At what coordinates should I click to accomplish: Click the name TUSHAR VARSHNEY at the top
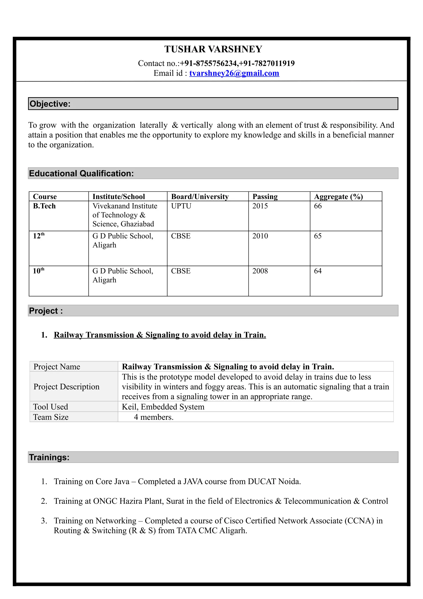(213, 49)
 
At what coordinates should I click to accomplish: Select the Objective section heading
(50, 104)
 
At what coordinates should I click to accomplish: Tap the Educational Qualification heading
(81, 173)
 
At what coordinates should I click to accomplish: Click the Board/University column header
(200, 196)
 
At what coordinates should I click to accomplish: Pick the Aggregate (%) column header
(338, 196)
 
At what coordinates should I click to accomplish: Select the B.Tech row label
(44, 206)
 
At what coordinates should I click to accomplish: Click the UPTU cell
(181, 206)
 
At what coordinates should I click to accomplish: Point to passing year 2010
(260, 236)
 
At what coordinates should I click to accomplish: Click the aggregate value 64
(318, 271)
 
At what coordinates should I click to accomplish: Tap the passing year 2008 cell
(260, 271)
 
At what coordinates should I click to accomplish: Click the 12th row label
(39, 236)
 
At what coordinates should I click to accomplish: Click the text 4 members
(153, 417)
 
